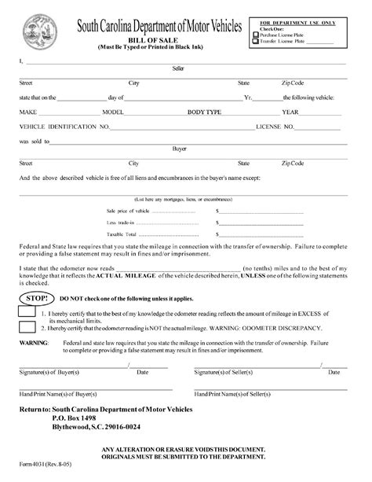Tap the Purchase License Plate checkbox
[256, 35]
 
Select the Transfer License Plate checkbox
[256, 42]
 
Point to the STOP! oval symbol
[35, 300]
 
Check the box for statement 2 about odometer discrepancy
[27, 329]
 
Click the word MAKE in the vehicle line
[29, 112]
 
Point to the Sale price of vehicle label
[126, 212]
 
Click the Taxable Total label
[121, 234]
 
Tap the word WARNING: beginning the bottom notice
[35, 344]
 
